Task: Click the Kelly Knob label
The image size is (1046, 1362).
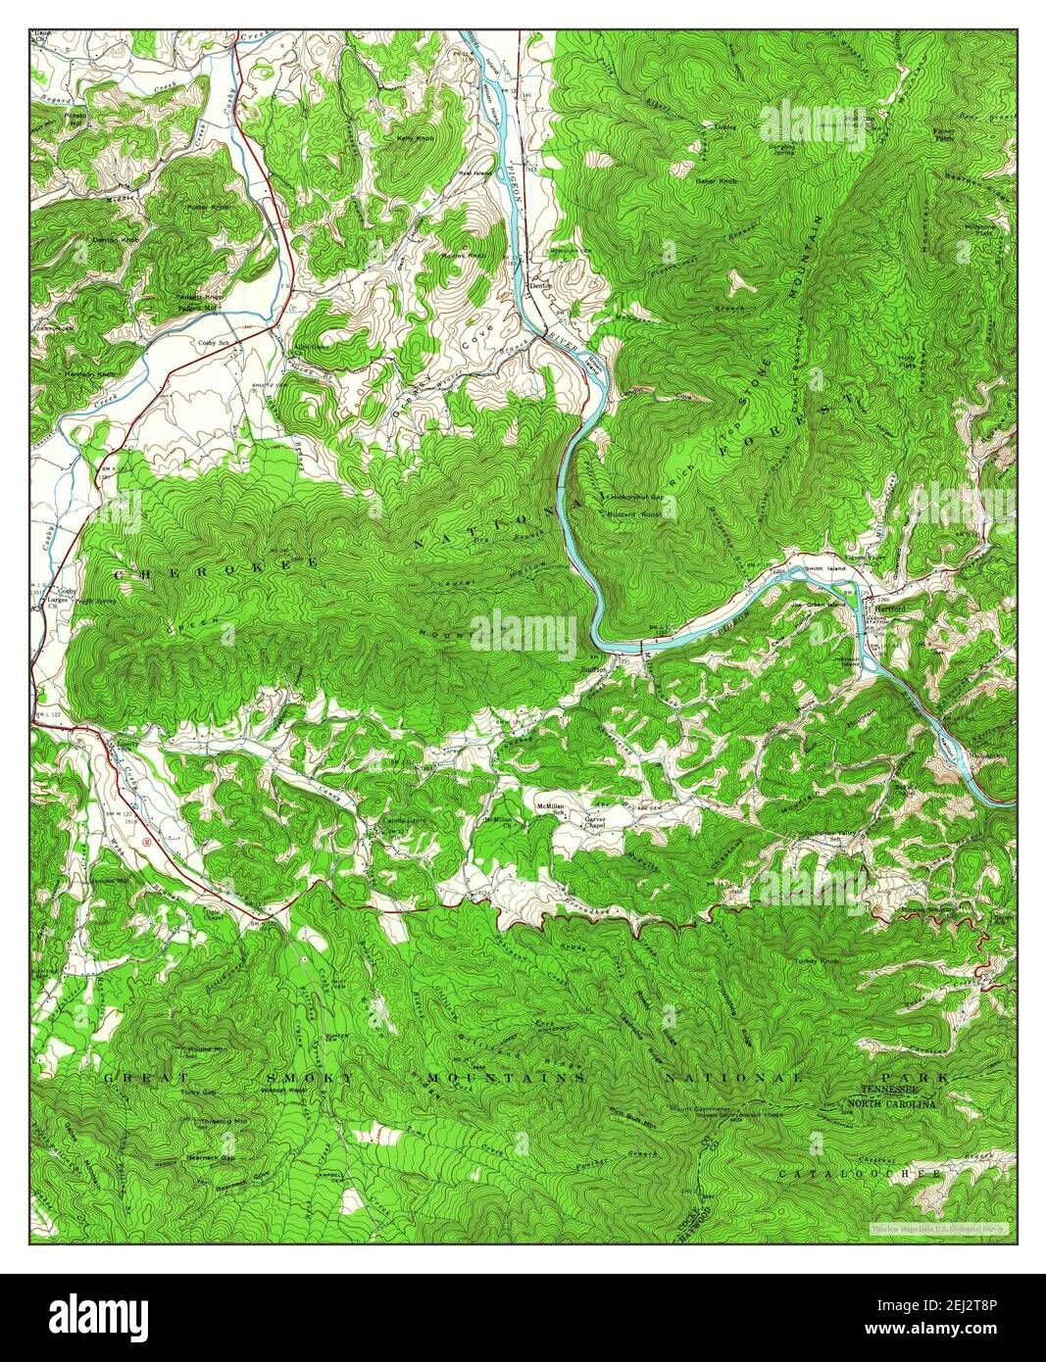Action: click(x=415, y=138)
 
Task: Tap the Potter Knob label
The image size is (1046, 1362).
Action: click(x=207, y=208)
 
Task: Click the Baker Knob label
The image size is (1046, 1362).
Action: click(x=717, y=180)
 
